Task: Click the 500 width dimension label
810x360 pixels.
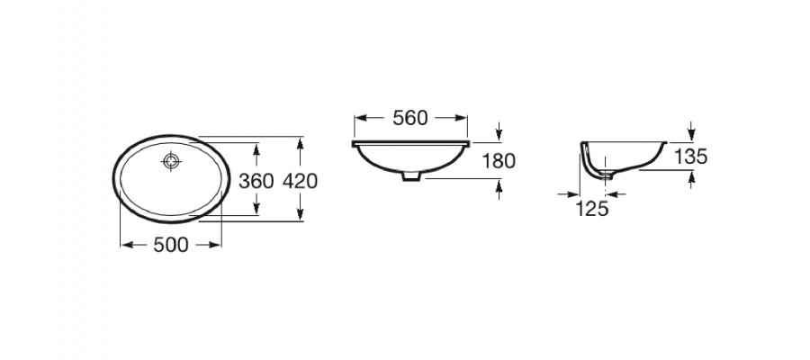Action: click(171, 246)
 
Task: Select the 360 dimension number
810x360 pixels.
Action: click(256, 181)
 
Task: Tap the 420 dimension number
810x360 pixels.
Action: click(300, 181)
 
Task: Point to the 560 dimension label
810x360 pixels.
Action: click(410, 118)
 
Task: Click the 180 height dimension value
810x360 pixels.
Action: click(499, 162)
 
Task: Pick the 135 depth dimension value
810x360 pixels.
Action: click(690, 157)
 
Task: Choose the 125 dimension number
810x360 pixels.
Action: click(592, 209)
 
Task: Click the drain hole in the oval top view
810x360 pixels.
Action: click(172, 161)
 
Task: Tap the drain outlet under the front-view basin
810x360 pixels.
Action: click(411, 176)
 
